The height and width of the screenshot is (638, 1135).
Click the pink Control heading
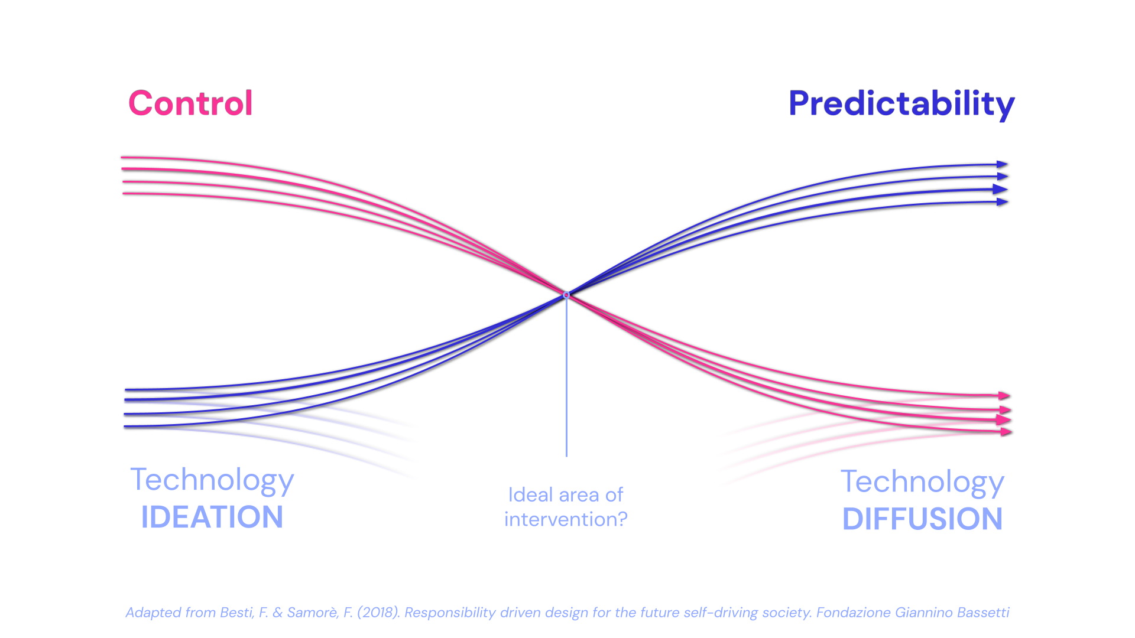pos(190,103)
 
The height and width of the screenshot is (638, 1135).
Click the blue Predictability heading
pos(901,104)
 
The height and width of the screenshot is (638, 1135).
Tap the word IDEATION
pos(212,517)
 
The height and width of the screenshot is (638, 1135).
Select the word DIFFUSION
pos(922,519)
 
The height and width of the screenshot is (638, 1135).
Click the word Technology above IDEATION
pos(212,480)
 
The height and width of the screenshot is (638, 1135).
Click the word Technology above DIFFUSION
pos(922,483)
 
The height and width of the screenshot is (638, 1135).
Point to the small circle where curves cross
pos(566,295)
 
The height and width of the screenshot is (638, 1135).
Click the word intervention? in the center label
pos(566,519)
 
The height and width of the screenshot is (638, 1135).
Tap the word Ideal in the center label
pos(523,494)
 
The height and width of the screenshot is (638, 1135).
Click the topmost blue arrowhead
pos(1002,164)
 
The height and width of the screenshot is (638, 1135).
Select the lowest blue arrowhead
pos(1002,202)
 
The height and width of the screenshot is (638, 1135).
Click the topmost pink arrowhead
pos(1004,395)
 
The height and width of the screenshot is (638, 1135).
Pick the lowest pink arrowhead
pos(1006,432)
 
